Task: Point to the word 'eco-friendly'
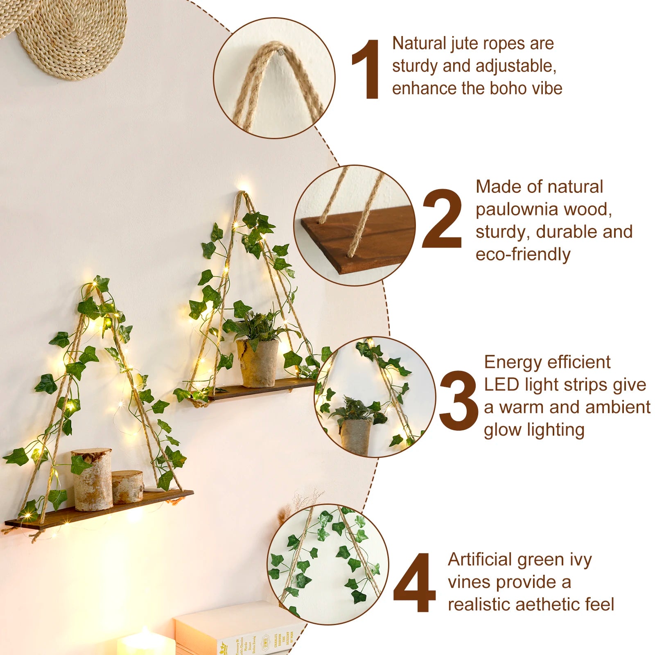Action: (x=523, y=255)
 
